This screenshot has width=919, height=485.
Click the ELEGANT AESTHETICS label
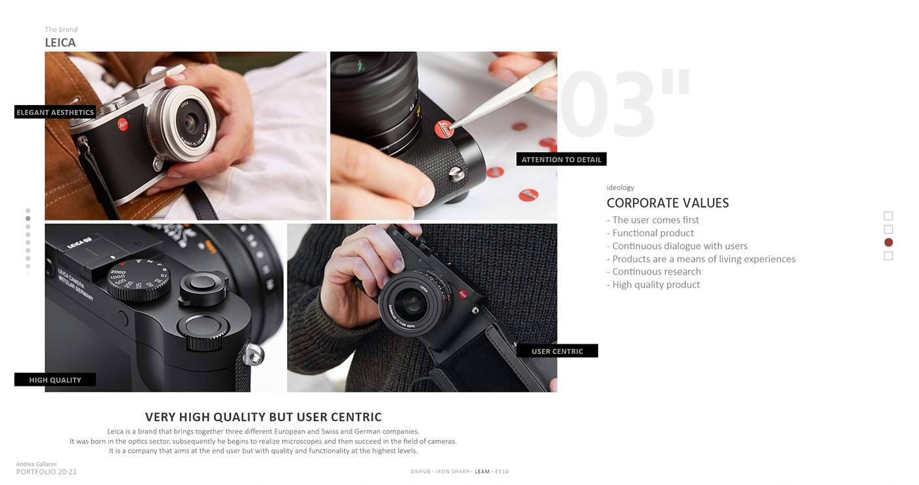[x=55, y=112]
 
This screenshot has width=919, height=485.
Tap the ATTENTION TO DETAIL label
[x=561, y=159]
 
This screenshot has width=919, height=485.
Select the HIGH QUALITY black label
[x=55, y=380]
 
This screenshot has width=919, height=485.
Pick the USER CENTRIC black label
[x=557, y=351]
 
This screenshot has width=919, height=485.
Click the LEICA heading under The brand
[x=60, y=43]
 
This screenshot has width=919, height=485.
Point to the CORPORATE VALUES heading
[x=668, y=203]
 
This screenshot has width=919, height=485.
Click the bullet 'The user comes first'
[x=655, y=220]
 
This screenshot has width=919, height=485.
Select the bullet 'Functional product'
[x=652, y=233]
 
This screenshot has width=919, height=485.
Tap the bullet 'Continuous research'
[x=656, y=271]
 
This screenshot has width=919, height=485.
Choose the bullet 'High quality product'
[x=656, y=285]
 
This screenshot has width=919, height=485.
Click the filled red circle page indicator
[x=889, y=242]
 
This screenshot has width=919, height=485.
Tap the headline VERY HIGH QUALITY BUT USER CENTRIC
[x=263, y=417]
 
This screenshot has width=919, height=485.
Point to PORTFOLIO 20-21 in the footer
[x=47, y=472]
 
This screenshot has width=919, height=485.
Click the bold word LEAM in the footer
[x=482, y=472]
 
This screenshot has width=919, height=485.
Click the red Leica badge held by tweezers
[x=444, y=129]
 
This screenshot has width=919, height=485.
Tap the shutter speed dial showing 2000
[x=139, y=279]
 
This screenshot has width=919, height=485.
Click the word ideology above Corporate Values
[x=620, y=188]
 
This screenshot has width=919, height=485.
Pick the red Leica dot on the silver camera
[x=123, y=125]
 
